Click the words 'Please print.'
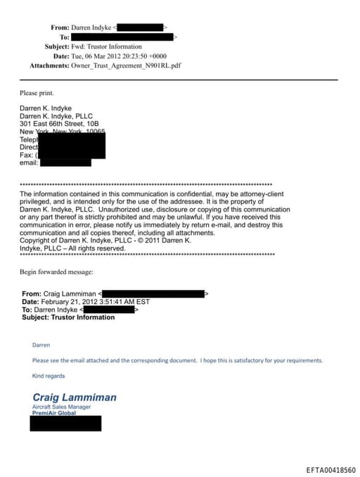click(x=36, y=93)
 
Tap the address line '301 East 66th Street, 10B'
click(x=59, y=124)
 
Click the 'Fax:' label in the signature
click(x=26, y=155)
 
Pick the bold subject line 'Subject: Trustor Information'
click(x=68, y=317)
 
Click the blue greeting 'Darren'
click(x=41, y=345)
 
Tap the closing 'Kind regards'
click(x=49, y=376)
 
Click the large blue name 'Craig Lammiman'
click(x=75, y=397)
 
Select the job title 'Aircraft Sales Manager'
click(x=62, y=407)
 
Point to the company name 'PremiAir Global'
click(x=54, y=414)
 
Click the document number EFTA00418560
click(x=330, y=469)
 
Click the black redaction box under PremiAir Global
click(x=66, y=423)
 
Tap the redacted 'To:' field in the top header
click(x=123, y=37)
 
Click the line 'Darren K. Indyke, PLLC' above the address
click(x=56, y=116)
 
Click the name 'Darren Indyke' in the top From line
click(x=91, y=27)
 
